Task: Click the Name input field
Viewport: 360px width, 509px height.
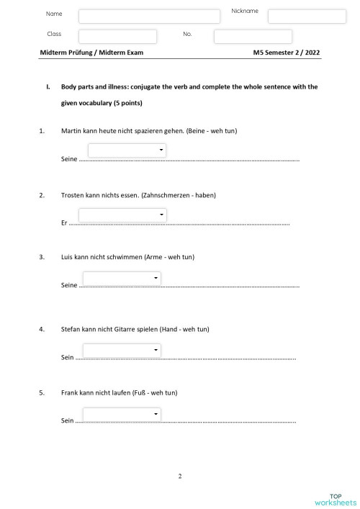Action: (x=149, y=17)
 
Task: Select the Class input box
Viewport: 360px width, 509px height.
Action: (x=117, y=37)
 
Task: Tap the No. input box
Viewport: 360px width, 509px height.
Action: (x=253, y=37)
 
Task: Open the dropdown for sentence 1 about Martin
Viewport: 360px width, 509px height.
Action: (x=127, y=150)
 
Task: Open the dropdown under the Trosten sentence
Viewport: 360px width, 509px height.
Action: (x=122, y=215)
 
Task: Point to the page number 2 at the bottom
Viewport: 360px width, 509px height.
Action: (x=180, y=476)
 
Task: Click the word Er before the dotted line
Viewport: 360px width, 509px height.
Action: (x=65, y=223)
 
